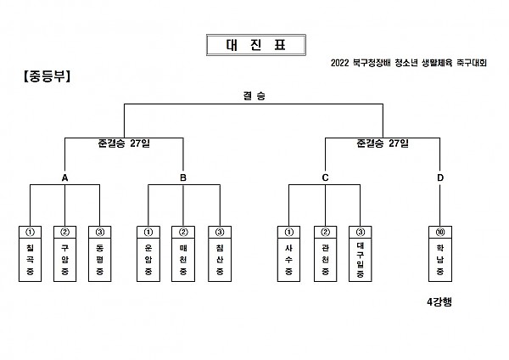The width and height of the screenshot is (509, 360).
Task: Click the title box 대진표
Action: point(256,45)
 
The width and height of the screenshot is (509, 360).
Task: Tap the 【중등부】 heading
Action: point(47,76)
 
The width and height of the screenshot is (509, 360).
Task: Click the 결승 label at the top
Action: point(255,96)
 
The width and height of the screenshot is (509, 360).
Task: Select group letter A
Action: point(65,177)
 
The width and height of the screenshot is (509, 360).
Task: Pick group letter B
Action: point(183,177)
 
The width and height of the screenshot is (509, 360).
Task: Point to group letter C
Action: point(325,177)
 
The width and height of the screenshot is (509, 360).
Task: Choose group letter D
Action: point(440,177)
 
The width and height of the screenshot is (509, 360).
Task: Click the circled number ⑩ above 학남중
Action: point(440,232)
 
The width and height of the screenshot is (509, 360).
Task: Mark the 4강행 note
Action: point(439,302)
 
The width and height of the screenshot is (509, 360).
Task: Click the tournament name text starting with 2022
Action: point(409,63)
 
